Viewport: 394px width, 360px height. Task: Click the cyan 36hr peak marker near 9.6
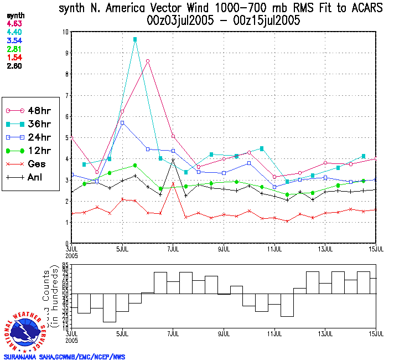point(135,40)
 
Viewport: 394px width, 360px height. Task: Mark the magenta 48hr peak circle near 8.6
point(148,61)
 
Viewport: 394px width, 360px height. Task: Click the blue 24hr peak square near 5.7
point(122,122)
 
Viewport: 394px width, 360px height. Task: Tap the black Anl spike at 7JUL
point(173,160)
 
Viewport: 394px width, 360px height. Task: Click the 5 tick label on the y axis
point(67,137)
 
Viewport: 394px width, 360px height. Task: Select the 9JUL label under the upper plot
point(224,248)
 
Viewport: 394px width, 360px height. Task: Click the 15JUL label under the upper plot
point(376,248)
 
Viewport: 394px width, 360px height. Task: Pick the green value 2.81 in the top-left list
point(14,49)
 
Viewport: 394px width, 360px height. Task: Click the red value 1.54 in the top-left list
point(14,57)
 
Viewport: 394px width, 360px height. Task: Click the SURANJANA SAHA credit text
point(64,357)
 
